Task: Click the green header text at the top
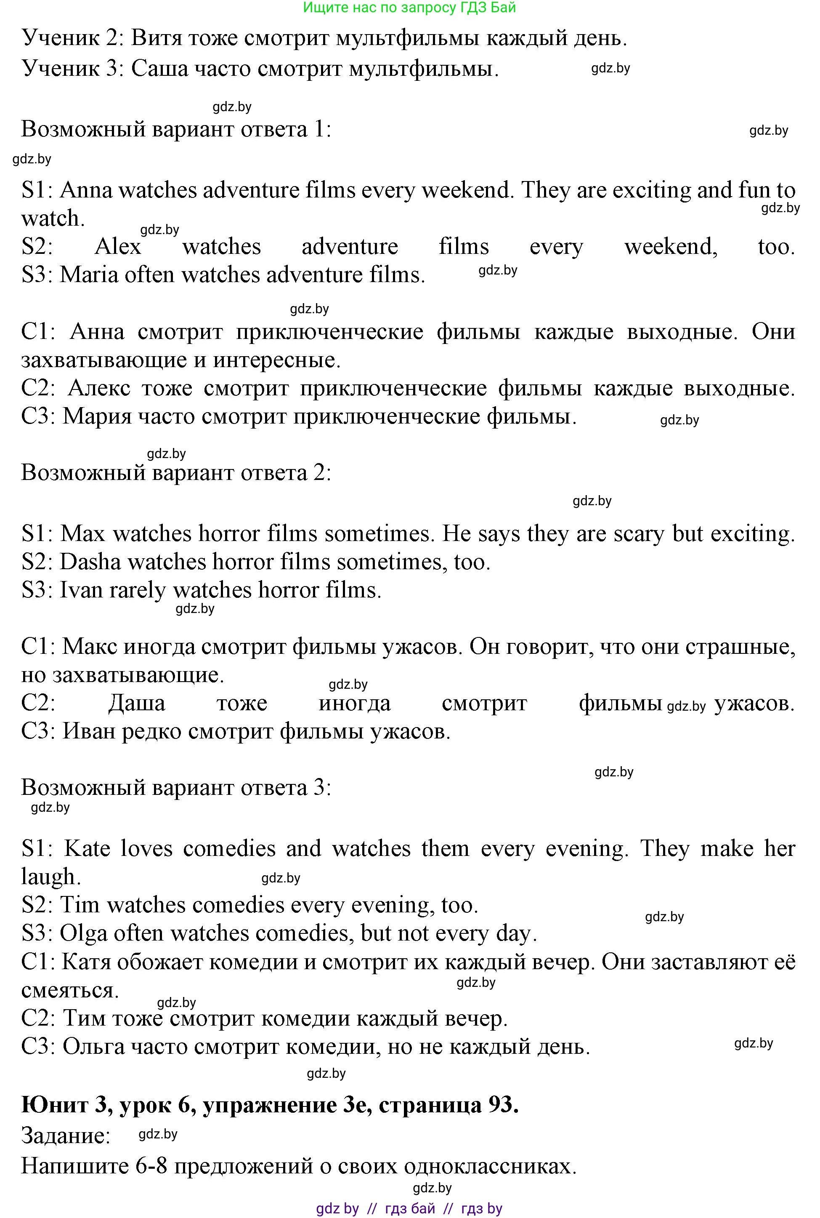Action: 409,7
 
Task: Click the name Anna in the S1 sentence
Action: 86,190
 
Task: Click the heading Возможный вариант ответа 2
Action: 176,473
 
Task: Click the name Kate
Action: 87,849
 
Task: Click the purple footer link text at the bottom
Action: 409,1209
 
